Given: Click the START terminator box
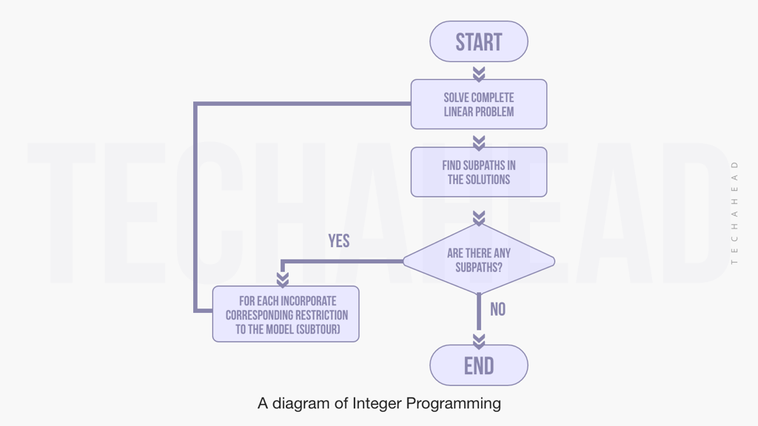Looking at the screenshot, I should pos(479,41).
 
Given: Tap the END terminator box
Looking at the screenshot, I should pos(479,365).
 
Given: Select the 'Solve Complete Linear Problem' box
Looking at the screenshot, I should pos(479,104).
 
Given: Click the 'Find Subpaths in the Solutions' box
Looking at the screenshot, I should pos(479,172).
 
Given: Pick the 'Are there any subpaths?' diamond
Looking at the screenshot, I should pos(479,260).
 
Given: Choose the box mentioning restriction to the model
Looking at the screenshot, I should pos(286,314).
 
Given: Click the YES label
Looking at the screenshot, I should pos(339,241).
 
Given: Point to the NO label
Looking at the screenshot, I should pos(497,309).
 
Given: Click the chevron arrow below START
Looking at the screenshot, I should pos(479,73).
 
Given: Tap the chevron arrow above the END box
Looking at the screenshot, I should pos(479,340).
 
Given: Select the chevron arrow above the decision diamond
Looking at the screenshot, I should pos(479,217).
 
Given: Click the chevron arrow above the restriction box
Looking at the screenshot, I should pos(282,279).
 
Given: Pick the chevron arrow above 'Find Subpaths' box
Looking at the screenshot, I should pos(479,141).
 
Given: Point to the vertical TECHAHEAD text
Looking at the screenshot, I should pos(734,212).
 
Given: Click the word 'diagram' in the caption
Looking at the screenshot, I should pos(303,404).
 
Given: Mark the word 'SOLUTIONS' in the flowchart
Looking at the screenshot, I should pos(488,180).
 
